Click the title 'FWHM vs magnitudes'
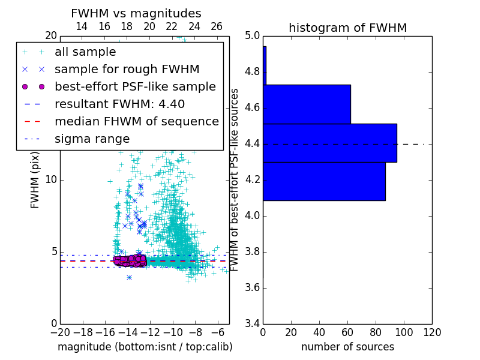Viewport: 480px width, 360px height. (x=136, y=13)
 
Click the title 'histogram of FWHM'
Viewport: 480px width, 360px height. (x=347, y=28)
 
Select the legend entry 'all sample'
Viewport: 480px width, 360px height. (x=85, y=52)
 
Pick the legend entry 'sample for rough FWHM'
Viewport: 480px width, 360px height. (x=127, y=70)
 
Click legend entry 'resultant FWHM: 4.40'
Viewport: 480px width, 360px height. (x=119, y=104)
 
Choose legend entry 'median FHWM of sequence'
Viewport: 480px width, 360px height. (x=136, y=121)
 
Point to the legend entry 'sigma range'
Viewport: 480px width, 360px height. (x=92, y=139)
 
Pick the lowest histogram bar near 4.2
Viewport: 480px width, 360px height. (x=324, y=181)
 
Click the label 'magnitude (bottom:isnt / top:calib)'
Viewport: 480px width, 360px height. (x=145, y=347)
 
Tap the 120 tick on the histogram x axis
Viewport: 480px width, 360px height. (x=432, y=331)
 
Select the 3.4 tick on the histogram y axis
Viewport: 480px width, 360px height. (x=251, y=323)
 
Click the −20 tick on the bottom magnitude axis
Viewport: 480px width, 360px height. (x=60, y=331)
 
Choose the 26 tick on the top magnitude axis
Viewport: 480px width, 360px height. (x=217, y=26)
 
